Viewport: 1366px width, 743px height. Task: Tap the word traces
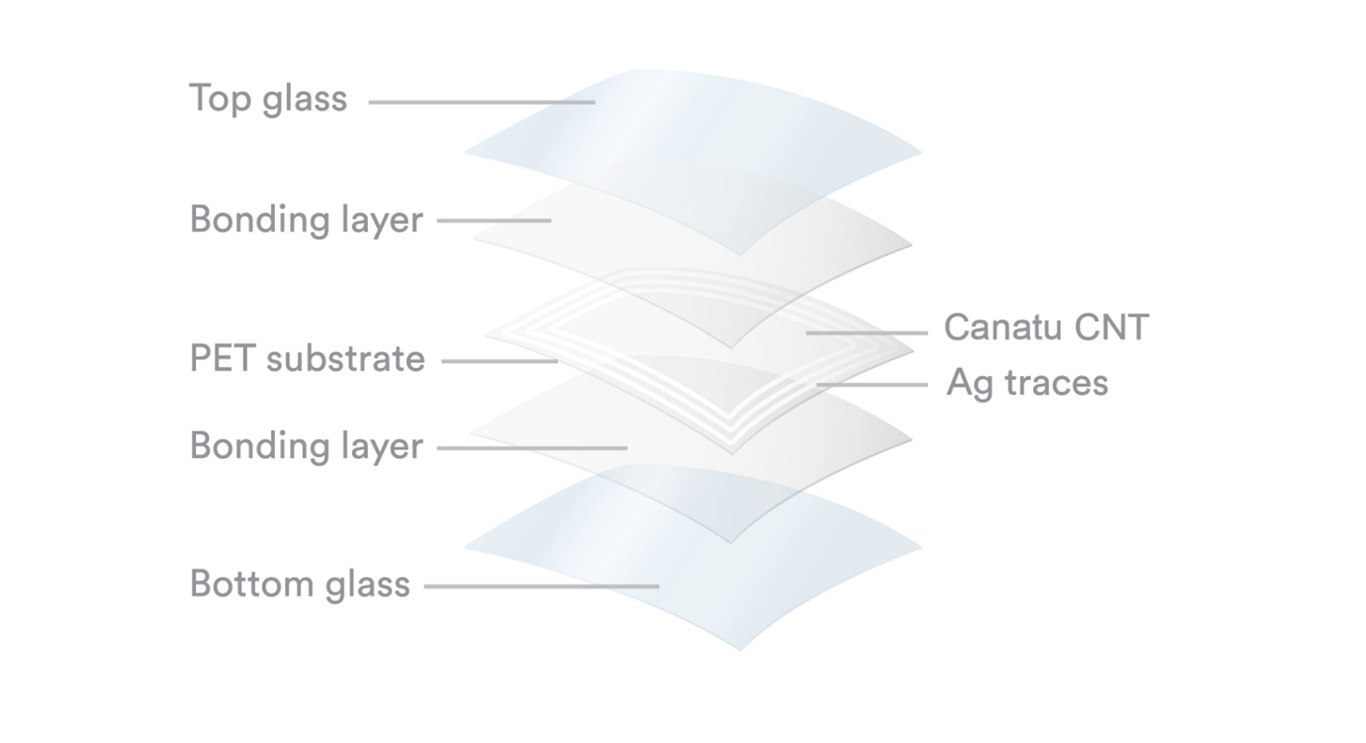tap(1055, 383)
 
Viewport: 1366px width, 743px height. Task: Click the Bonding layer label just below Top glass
tap(306, 220)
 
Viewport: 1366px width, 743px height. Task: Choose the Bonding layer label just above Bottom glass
tap(306, 446)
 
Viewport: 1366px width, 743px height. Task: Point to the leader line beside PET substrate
tap(499, 361)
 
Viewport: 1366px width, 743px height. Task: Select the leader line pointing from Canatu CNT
tap(866, 332)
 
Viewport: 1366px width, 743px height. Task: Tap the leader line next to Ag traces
tap(872, 385)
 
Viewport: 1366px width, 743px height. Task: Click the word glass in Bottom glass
tap(368, 585)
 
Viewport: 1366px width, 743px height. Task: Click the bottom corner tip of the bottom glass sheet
tap(739, 649)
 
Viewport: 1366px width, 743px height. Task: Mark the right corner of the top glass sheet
tap(920, 152)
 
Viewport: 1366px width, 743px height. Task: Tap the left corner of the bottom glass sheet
tap(467, 547)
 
